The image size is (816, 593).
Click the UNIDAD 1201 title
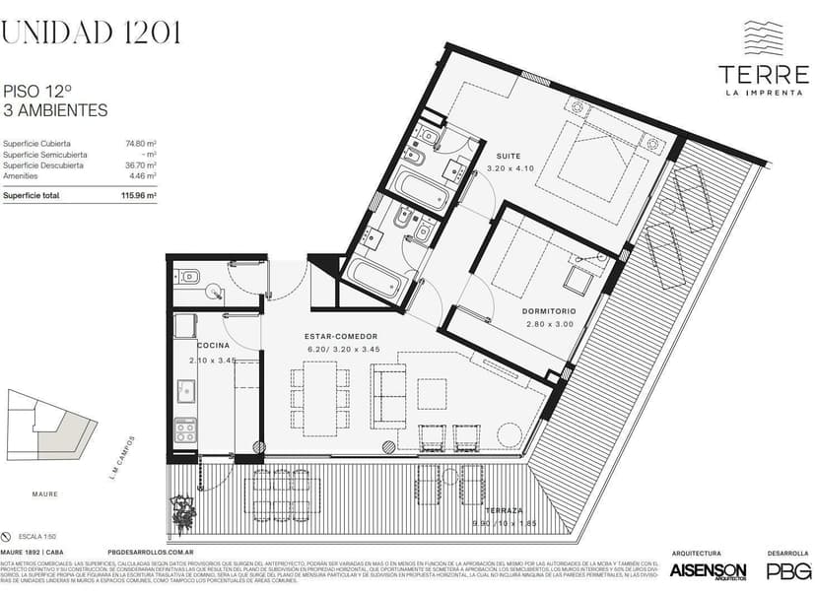[91, 33]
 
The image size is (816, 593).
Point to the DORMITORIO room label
[548, 311]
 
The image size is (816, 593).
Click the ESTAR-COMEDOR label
[341, 337]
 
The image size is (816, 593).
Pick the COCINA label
[213, 347]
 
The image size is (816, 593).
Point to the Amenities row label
[21, 176]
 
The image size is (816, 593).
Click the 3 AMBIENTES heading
[55, 110]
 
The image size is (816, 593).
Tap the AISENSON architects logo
[708, 571]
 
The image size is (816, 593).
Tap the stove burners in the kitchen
[184, 430]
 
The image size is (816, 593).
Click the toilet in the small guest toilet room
[188, 277]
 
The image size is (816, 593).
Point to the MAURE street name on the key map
[44, 494]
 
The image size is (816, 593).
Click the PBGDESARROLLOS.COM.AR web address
[149, 553]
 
